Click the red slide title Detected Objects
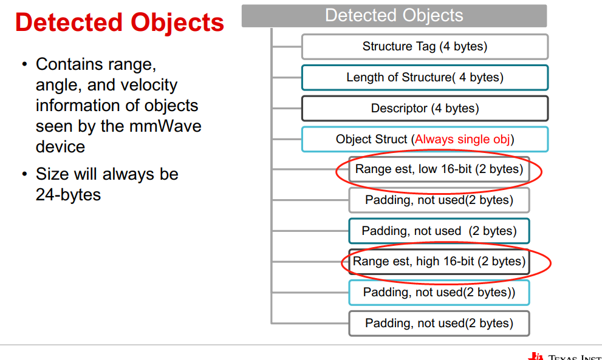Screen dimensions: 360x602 (120, 23)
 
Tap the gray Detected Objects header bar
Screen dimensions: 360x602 (394, 16)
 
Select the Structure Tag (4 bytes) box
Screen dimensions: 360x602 (425, 46)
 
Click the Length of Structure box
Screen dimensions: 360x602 (425, 77)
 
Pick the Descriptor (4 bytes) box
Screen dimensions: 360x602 (425, 109)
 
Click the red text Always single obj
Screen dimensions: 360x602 (462, 139)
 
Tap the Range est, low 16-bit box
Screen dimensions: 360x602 (439, 169)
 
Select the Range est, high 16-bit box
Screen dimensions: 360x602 (439, 262)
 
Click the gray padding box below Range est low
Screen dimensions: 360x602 (439, 200)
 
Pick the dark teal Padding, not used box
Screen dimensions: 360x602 (439, 231)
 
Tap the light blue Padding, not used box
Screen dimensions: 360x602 (439, 292)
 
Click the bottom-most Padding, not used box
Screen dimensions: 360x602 (439, 324)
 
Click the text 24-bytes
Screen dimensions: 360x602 (68, 195)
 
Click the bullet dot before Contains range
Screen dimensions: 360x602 (24, 64)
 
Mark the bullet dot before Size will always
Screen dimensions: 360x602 (24, 175)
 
